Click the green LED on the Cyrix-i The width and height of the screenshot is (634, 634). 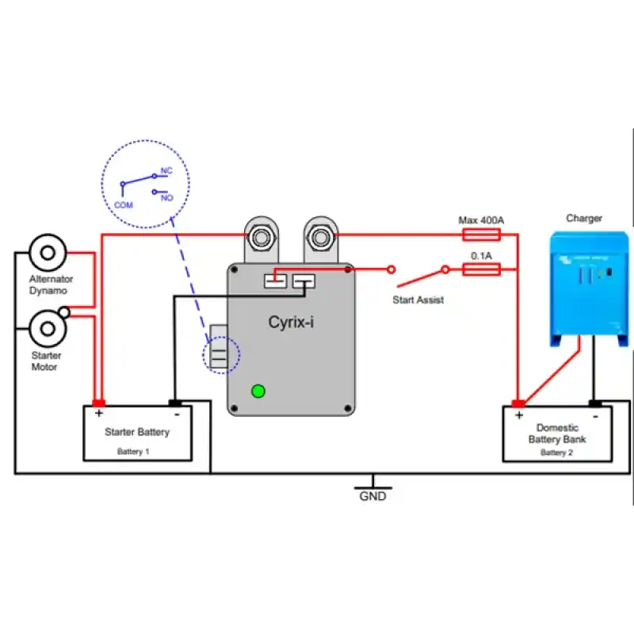coord(258,390)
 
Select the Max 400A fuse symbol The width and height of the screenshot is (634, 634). coord(480,234)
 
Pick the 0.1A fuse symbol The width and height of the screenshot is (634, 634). coord(480,269)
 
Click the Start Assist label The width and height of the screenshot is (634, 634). coord(418,300)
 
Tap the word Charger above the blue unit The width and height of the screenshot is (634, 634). coord(584,218)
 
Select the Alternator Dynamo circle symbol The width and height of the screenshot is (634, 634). coord(48,253)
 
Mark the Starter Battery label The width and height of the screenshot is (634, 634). coord(137,432)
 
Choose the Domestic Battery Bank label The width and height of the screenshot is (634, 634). coord(557,433)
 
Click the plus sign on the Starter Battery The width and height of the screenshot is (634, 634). coord(99,413)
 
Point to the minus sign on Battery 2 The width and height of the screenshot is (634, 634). coord(596,413)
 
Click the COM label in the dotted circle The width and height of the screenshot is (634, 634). coord(123,204)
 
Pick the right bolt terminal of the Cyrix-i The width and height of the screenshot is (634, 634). coord(320,236)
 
